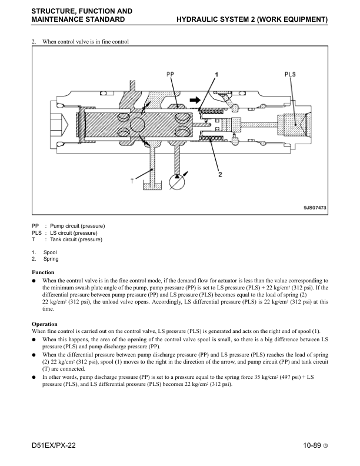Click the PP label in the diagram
[170, 74]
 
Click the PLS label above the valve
[290, 74]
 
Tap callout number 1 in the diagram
[216, 75]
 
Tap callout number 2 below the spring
[220, 174]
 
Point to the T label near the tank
[132, 181]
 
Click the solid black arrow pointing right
[195, 100]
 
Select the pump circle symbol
[176, 182]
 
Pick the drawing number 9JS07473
[315, 208]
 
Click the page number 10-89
[312, 445]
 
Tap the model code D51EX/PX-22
[54, 445]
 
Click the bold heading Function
[43, 272]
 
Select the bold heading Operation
[45, 324]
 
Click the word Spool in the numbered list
[50, 252]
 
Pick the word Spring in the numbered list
[51, 259]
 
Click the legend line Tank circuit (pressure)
[76, 239]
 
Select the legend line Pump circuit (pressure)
[77, 226]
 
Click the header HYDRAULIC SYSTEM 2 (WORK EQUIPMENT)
[252, 19]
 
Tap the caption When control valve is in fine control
[85, 42]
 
